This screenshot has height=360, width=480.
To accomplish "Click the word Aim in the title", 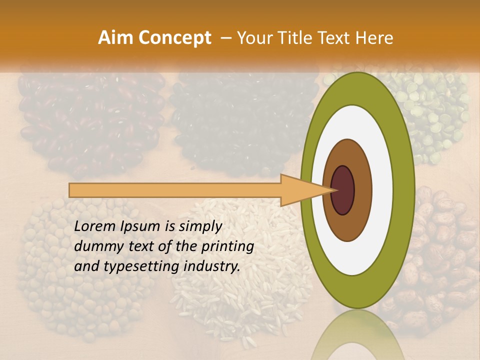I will point(116,38).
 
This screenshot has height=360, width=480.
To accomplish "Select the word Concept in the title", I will point(175,38).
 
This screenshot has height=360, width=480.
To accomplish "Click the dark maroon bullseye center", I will point(343,190).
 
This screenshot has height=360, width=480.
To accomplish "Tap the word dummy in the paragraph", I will point(95,247).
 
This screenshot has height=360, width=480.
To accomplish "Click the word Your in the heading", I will point(252,38).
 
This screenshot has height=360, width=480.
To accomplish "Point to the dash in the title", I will point(225,38).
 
